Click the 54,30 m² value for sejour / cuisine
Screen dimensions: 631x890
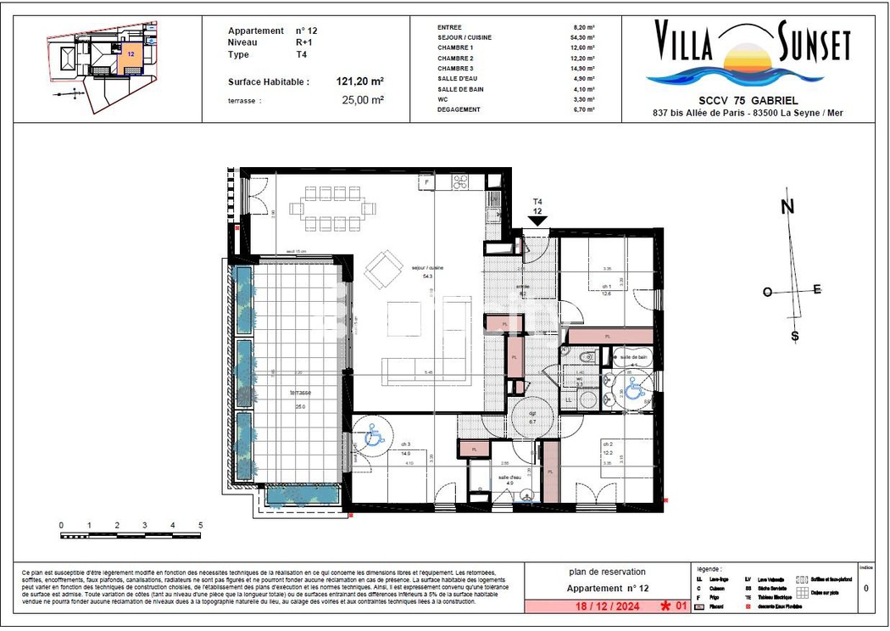[584, 38]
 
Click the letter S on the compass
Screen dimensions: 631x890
[795, 336]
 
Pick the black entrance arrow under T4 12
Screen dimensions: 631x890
[537, 221]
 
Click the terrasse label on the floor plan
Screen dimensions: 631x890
[299, 394]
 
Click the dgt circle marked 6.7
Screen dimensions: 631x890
[533, 416]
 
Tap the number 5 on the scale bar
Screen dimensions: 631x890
[201, 526]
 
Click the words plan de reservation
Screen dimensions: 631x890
[608, 572]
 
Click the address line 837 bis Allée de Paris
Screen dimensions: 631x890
[748, 113]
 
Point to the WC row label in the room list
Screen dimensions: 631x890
[443, 98]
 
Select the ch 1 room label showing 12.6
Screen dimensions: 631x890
[607, 290]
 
